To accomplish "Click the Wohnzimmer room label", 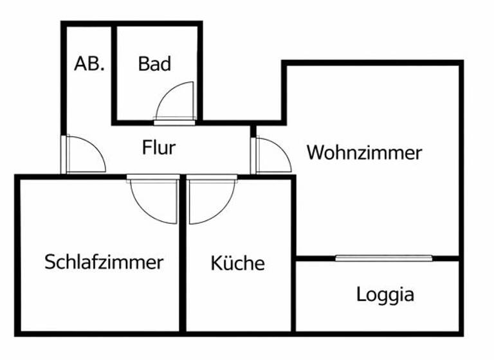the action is pos(364,153).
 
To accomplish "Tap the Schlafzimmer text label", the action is pos(104,262).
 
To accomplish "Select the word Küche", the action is pos(237,263).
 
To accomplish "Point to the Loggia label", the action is pos(385,295).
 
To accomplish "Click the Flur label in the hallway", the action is pos(158,148).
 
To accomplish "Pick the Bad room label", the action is pos(154,64).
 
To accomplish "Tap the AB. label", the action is pos(89,64).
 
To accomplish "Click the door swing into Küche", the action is pos(207,201).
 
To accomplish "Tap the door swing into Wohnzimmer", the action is pos(274,156).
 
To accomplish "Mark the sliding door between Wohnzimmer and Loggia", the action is pos(383,258).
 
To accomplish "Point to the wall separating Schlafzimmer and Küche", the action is pos(183,257).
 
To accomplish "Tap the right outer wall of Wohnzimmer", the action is pos(461,161).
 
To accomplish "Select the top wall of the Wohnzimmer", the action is pos(373,63).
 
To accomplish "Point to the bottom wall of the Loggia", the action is pos(380,332).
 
